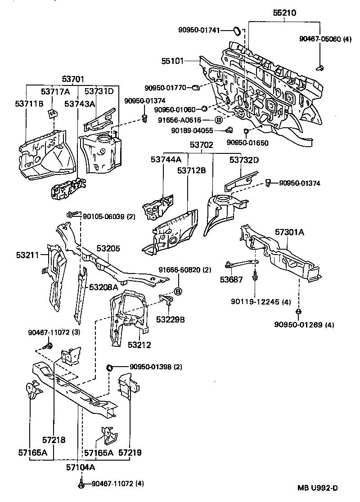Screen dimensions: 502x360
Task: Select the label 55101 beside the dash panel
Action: pyautogui.click(x=172, y=60)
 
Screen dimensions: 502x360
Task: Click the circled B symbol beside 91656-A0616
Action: pyautogui.click(x=218, y=120)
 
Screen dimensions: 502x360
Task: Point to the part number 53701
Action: pyautogui.click(x=73, y=80)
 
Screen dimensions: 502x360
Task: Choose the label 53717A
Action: pyautogui.click(x=55, y=91)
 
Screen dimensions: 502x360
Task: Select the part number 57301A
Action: pyautogui.click(x=290, y=233)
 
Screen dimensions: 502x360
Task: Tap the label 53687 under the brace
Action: pyautogui.click(x=231, y=280)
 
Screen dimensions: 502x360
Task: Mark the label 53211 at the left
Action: pyautogui.click(x=28, y=255)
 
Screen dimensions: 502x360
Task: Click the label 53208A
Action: pyautogui.click(x=103, y=287)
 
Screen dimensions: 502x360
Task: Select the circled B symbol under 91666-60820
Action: pyautogui.click(x=178, y=291)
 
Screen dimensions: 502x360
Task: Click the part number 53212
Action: pyautogui.click(x=139, y=345)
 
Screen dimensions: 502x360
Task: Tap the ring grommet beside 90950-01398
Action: pyautogui.click(x=109, y=368)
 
